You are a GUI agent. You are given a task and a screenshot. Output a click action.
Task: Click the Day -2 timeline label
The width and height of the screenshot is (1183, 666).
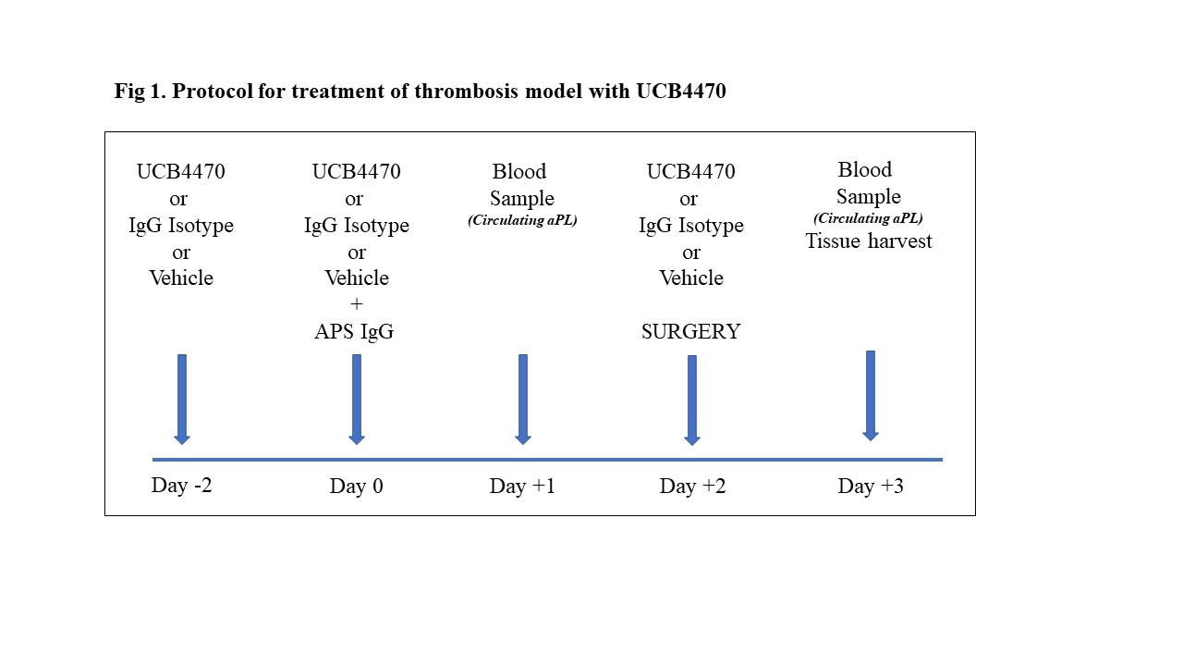tap(181, 486)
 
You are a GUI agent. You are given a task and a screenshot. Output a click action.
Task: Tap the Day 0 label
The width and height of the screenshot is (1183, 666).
tap(356, 486)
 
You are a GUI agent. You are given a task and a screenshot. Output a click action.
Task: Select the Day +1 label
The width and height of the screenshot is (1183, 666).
tap(522, 486)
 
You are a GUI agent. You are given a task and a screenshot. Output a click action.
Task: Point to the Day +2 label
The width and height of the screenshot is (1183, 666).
tap(692, 486)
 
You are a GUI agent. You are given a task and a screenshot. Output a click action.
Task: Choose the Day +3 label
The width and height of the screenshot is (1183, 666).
tap(871, 486)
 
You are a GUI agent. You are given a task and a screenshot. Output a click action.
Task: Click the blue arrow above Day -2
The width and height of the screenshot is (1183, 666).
tap(182, 400)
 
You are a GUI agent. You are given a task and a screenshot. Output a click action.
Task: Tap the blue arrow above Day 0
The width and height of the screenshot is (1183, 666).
tap(357, 400)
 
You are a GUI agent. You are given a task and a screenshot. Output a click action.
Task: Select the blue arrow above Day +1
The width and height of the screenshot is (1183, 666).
tap(523, 400)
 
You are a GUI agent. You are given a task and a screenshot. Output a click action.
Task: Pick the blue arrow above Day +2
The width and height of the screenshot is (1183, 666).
tap(692, 401)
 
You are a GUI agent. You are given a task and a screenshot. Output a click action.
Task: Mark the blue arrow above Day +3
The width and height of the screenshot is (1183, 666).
tap(871, 396)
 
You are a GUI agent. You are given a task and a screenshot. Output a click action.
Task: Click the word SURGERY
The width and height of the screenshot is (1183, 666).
tap(690, 331)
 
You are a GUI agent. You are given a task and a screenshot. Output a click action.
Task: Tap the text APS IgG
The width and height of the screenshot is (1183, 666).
tap(354, 331)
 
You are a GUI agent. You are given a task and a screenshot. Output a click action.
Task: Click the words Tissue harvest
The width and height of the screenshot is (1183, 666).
tap(868, 241)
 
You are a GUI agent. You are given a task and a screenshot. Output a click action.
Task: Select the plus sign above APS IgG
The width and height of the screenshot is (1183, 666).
tap(357, 304)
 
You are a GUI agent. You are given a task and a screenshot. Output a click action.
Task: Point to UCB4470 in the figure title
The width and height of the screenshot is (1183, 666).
tap(681, 91)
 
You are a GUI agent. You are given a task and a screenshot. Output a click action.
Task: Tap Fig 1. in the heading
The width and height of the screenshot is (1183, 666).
tap(140, 91)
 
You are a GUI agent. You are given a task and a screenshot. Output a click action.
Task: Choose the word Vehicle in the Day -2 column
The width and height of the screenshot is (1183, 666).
tap(181, 278)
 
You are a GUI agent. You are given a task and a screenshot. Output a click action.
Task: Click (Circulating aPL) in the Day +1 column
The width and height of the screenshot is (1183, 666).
tap(522, 220)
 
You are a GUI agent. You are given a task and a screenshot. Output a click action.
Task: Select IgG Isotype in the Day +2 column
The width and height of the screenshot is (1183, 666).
tap(690, 226)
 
